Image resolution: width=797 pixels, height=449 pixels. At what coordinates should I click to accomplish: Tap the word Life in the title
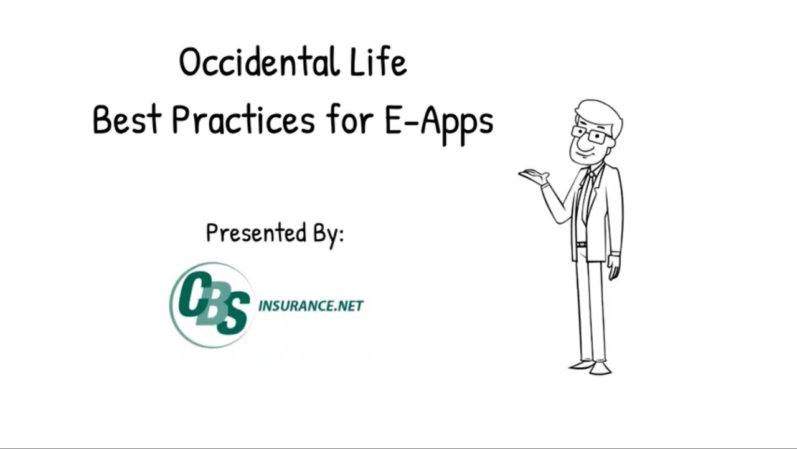380,63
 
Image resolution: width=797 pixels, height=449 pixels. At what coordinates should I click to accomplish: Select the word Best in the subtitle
127,120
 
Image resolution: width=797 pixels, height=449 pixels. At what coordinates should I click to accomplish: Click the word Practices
243,120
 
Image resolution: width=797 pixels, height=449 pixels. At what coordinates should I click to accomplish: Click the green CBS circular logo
212,304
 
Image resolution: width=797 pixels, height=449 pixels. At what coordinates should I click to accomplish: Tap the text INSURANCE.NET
311,306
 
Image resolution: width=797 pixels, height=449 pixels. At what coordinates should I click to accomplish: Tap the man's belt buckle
581,244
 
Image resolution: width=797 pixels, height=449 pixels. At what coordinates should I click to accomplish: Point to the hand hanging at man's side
614,268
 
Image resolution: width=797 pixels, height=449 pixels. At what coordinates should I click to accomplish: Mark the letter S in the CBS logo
232,315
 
